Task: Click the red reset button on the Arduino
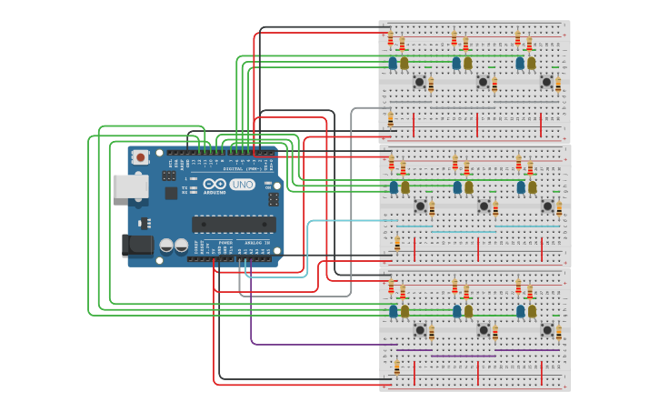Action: pos(141,157)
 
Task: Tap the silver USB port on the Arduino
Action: pos(129,186)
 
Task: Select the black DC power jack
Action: pos(135,245)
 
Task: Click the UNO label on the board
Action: pos(242,185)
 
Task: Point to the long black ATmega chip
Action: pos(234,224)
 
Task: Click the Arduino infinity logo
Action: pos(215,184)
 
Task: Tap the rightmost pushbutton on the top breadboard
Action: pos(547,82)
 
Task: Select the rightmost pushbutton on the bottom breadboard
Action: pos(547,329)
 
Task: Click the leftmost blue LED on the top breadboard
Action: pos(393,63)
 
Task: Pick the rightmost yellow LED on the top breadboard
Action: pos(532,63)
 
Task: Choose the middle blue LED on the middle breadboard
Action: pos(457,186)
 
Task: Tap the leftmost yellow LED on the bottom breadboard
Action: pos(404,311)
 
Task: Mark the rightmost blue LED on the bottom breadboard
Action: pos(521,311)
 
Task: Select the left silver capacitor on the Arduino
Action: pos(167,246)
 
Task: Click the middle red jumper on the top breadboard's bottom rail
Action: pos(478,120)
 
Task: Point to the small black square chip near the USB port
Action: pos(171,193)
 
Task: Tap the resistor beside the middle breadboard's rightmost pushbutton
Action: pos(559,209)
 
